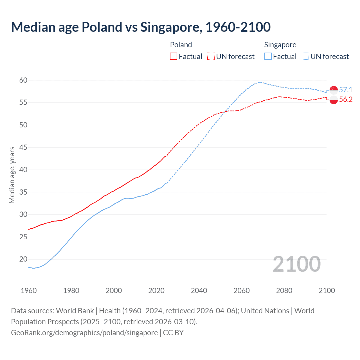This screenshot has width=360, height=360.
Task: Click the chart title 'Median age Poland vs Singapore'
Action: (x=141, y=27)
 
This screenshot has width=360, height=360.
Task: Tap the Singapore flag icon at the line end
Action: (x=334, y=90)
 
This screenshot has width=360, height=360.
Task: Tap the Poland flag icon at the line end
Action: (x=334, y=100)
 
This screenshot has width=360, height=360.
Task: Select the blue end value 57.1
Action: (x=346, y=90)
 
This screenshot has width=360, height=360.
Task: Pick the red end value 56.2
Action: (x=346, y=99)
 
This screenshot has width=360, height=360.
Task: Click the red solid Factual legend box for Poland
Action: (x=174, y=57)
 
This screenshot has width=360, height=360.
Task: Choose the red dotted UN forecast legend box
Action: (x=211, y=57)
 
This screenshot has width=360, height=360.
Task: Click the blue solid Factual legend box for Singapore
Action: (x=268, y=57)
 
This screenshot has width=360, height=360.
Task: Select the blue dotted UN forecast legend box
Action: (x=305, y=57)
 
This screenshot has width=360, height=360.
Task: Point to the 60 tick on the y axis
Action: (x=23, y=80)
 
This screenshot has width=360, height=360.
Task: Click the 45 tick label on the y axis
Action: (x=23, y=147)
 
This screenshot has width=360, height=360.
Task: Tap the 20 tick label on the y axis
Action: (x=23, y=259)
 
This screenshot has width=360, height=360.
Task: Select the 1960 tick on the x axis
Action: (x=29, y=291)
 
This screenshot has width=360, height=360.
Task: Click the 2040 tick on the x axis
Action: (x=199, y=291)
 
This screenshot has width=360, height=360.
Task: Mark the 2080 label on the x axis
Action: (x=284, y=291)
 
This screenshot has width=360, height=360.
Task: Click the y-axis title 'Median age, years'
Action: (x=12, y=175)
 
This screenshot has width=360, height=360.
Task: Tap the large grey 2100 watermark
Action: (x=296, y=264)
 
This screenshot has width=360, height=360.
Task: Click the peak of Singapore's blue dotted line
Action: (x=259, y=82)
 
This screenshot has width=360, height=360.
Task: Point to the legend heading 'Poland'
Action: (x=181, y=45)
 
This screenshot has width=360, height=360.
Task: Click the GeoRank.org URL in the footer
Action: (x=84, y=333)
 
